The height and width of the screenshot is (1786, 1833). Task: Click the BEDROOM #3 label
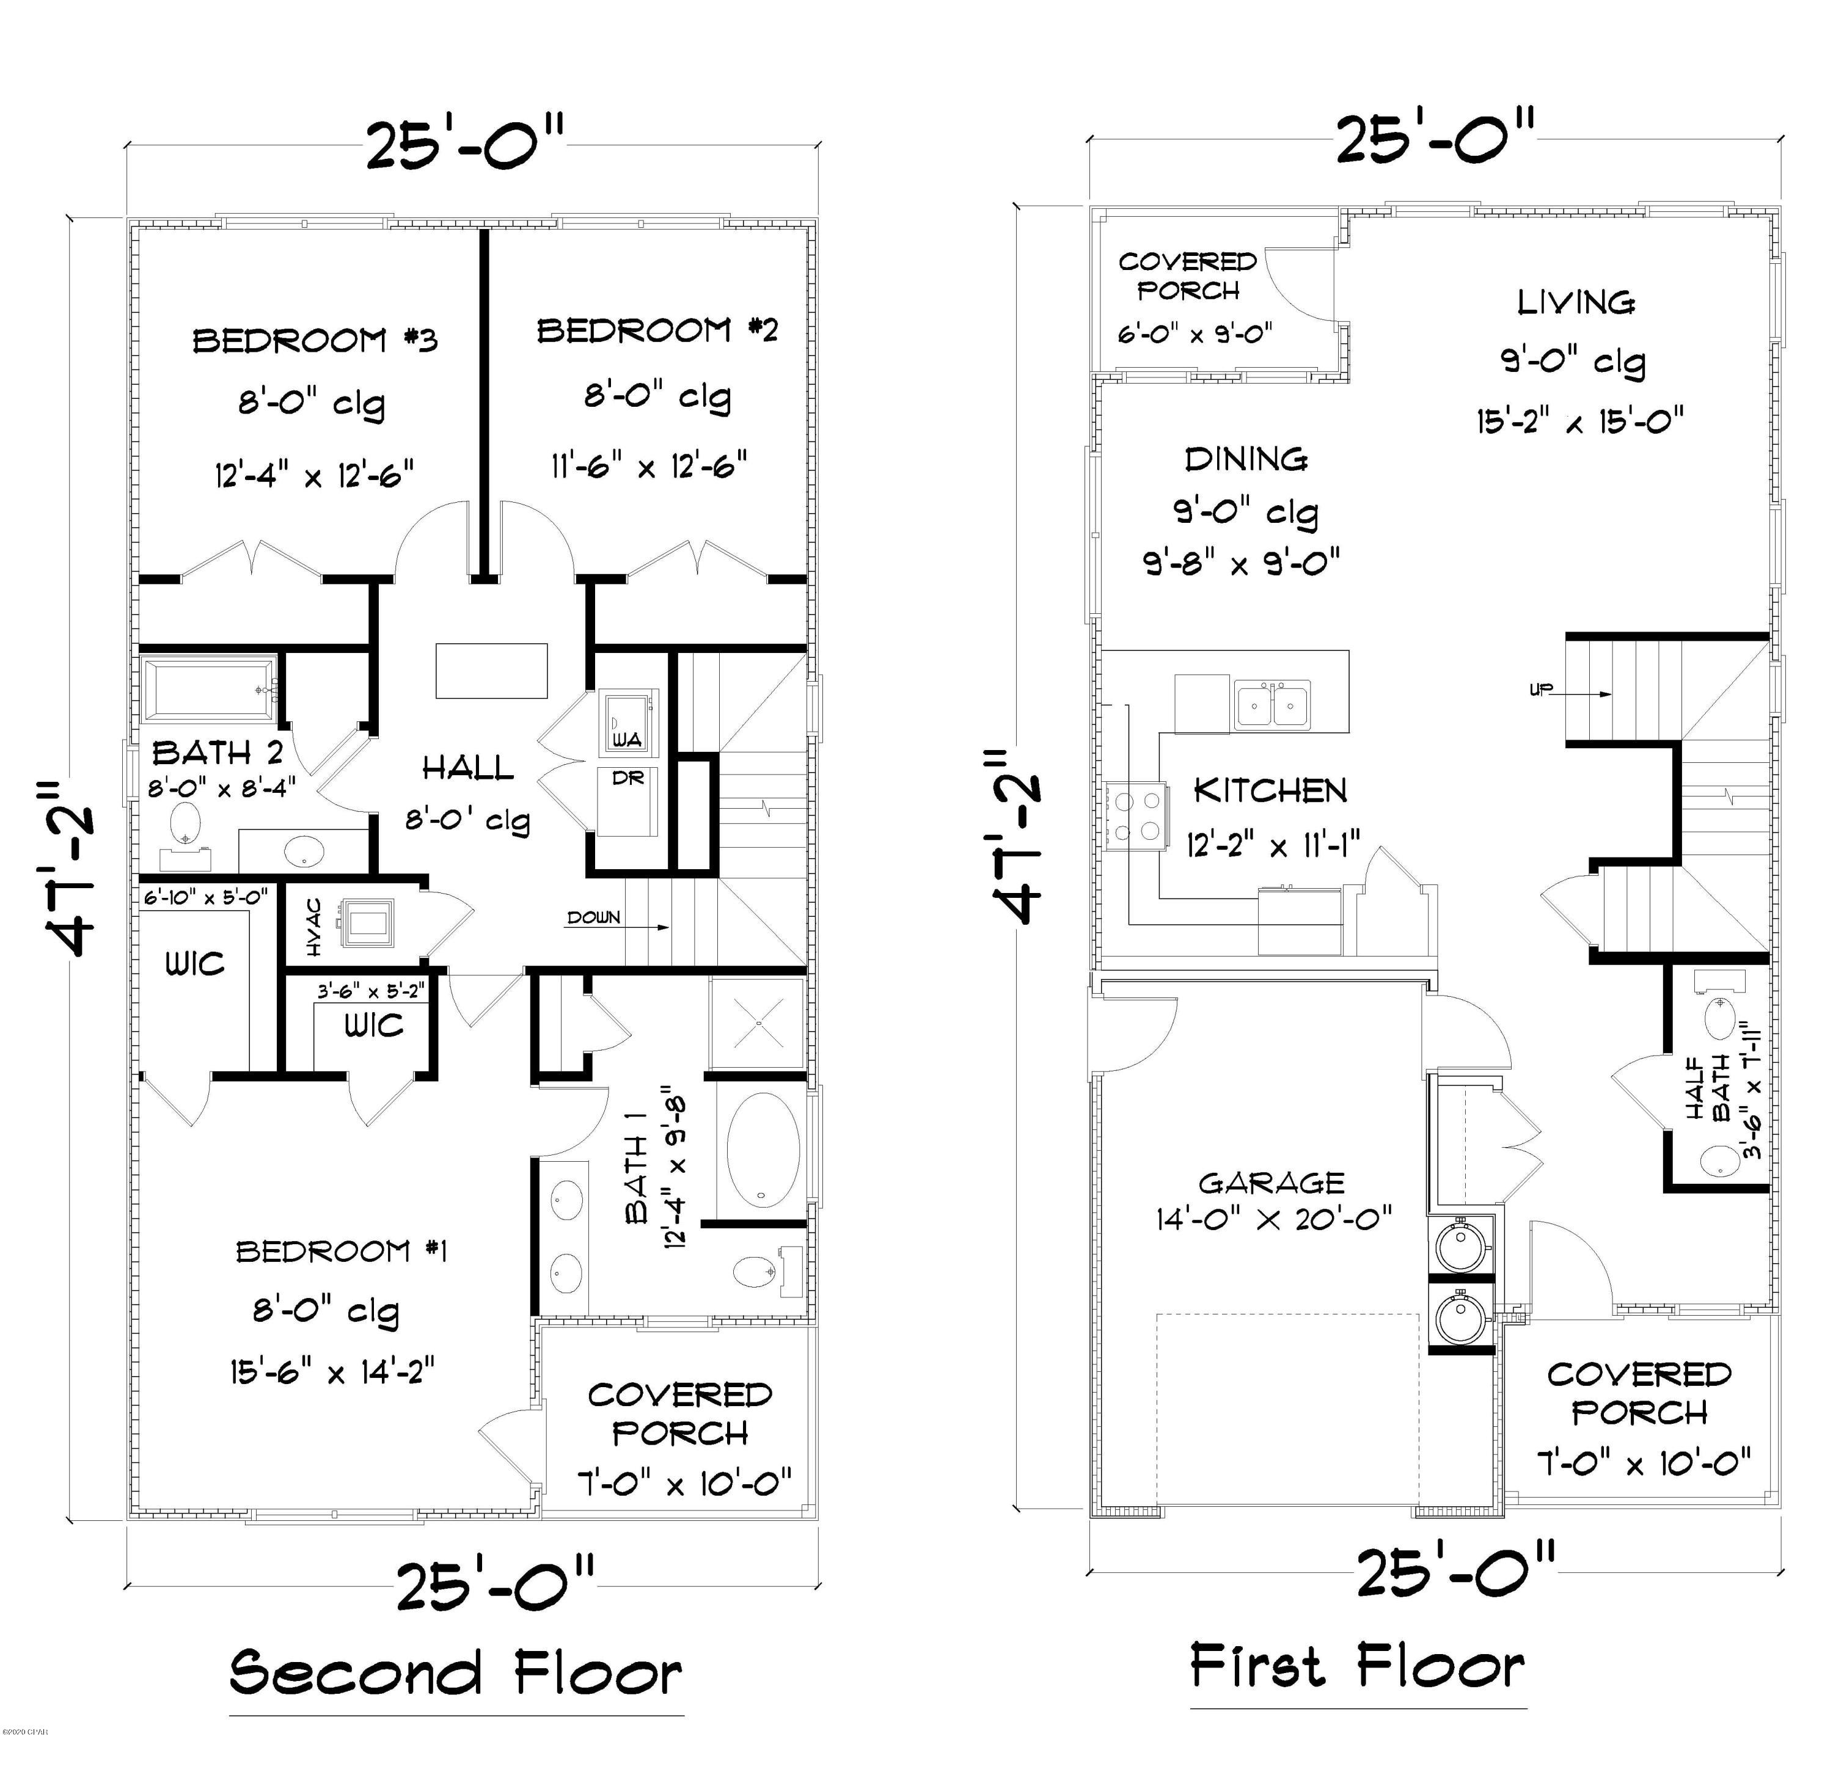315,340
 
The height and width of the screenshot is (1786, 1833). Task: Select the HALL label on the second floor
467,769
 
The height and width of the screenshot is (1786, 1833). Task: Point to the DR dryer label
627,778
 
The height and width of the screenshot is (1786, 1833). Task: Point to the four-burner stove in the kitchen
1135,816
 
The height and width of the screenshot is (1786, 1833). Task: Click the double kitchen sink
1272,704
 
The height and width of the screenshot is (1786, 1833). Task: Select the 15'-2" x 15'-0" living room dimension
1579,421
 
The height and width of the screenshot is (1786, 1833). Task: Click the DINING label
1246,459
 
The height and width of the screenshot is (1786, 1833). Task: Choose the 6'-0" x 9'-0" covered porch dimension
1194,335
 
